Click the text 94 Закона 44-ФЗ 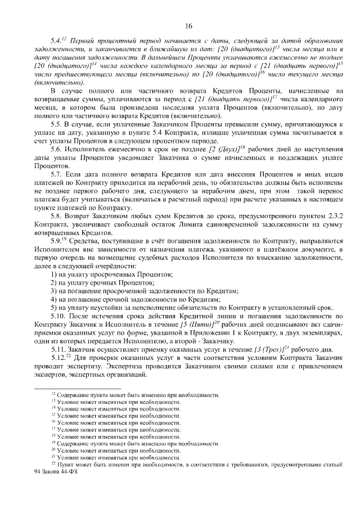click(x=56, y=471)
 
